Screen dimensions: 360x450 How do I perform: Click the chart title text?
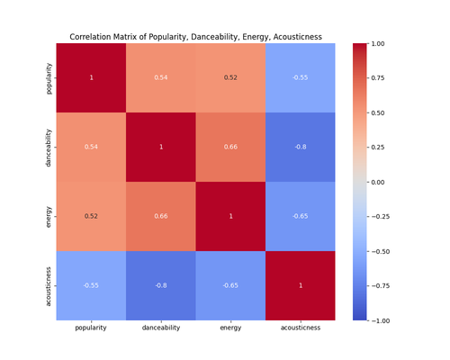pyautogui.click(x=195, y=37)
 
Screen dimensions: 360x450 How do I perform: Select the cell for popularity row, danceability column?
pyautogui.click(x=160, y=78)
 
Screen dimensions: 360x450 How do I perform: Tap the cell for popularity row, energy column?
pyautogui.click(x=230, y=78)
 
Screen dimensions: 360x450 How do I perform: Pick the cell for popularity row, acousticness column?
pyautogui.click(x=300, y=78)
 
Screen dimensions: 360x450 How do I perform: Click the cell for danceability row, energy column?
pyautogui.click(x=230, y=147)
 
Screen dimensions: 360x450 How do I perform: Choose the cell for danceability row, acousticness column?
pyautogui.click(x=300, y=147)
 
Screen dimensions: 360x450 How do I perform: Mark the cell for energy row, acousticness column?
pyautogui.click(x=300, y=216)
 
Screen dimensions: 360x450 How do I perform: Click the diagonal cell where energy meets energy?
pyautogui.click(x=230, y=216)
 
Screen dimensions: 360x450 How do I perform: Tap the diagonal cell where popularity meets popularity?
pyautogui.click(x=91, y=78)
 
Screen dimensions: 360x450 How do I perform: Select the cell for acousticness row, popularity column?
pyautogui.click(x=91, y=285)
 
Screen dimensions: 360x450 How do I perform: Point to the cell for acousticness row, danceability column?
pyautogui.click(x=160, y=285)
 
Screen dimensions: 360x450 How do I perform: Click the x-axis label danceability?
pyautogui.click(x=160, y=328)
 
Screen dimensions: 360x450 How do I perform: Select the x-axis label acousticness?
pyautogui.click(x=300, y=328)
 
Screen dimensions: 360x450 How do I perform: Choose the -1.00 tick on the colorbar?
pyautogui.click(x=384, y=320)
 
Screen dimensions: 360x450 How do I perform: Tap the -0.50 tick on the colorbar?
pyautogui.click(x=384, y=251)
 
